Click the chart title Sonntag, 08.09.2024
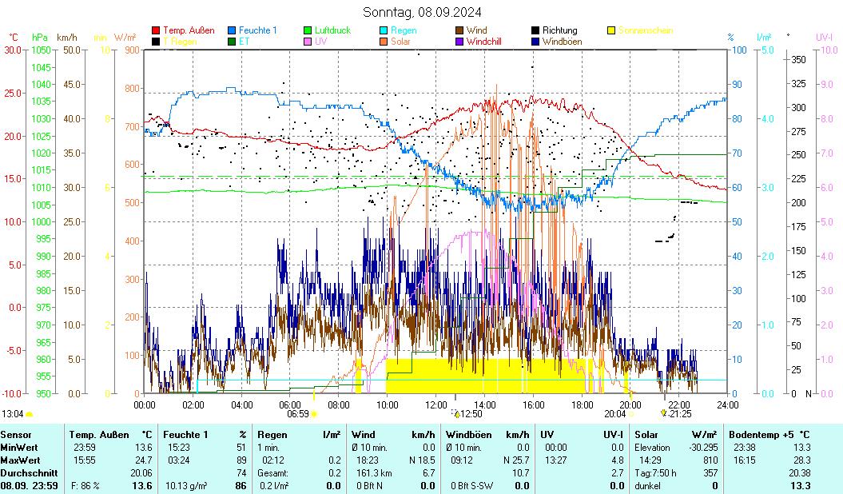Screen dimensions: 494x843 click(x=421, y=12)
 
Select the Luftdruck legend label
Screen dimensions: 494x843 click(x=332, y=30)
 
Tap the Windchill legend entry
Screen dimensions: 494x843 click(x=483, y=41)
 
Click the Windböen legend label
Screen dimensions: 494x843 click(x=562, y=41)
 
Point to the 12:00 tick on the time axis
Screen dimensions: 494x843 click(x=435, y=404)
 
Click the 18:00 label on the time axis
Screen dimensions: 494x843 click(x=582, y=404)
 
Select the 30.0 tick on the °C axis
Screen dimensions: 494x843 click(x=13, y=50)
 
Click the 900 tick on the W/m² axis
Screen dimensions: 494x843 click(x=132, y=50)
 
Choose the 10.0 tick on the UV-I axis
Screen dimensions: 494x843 click(x=829, y=50)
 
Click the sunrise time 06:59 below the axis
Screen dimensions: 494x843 click(x=297, y=414)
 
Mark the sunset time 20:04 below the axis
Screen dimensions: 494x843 click(x=614, y=414)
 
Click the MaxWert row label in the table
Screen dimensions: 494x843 click(x=19, y=460)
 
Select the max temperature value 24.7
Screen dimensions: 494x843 click(x=143, y=460)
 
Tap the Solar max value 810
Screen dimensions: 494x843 click(x=710, y=460)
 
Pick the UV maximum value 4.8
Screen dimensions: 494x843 click(x=616, y=460)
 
